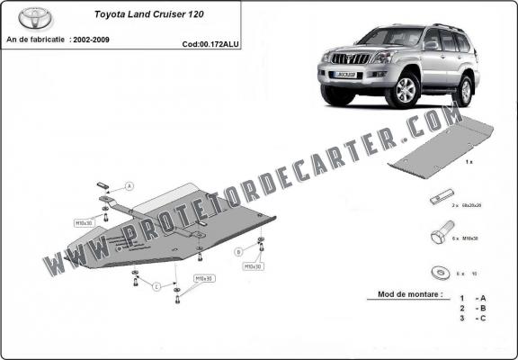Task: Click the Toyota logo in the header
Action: (35, 19)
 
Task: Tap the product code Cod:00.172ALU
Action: (211, 43)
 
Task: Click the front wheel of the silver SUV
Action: (406, 91)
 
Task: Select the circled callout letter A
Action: (129, 185)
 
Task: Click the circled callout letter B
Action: (238, 251)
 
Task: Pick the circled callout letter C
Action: (156, 286)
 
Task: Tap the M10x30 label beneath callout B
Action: (252, 266)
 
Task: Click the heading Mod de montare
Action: (406, 294)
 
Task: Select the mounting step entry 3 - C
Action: (475, 318)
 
